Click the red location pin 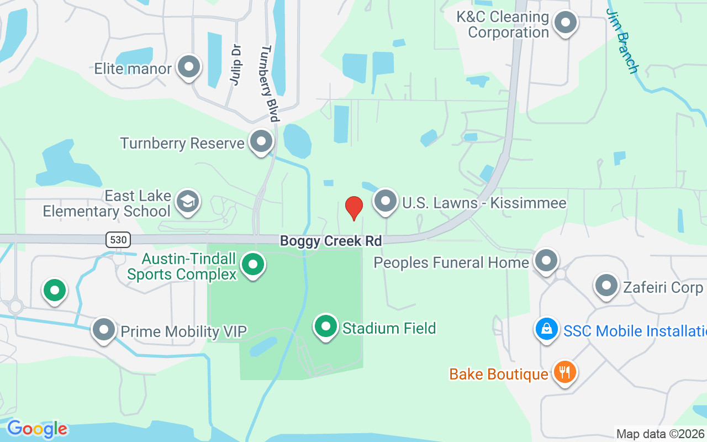(353, 208)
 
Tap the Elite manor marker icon (189, 67)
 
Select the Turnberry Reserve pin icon (261, 142)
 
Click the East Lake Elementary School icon (188, 202)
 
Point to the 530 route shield (117, 240)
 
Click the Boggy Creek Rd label (330, 241)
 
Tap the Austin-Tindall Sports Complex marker (253, 265)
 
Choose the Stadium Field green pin (326, 327)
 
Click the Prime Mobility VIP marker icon (104, 330)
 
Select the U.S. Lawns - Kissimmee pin (386, 202)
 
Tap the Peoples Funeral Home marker (546, 260)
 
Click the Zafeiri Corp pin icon (606, 286)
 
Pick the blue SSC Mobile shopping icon (546, 329)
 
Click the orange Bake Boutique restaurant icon (564, 372)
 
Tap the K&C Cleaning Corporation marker (565, 23)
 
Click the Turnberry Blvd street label (268, 83)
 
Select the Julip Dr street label (236, 65)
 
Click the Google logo (37, 429)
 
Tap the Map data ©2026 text (660, 434)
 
